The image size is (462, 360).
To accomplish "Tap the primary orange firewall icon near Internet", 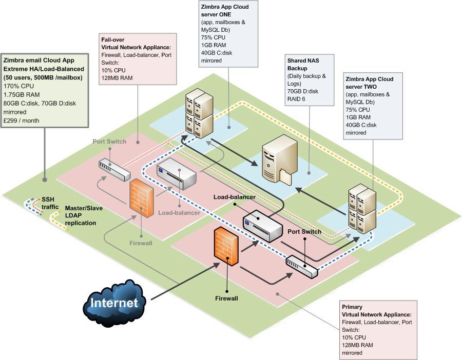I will (226, 247).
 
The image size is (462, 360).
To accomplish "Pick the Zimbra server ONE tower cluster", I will (199, 116).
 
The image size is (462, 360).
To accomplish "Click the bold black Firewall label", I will (226, 297).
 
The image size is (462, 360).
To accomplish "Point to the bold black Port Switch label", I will (304, 231).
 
